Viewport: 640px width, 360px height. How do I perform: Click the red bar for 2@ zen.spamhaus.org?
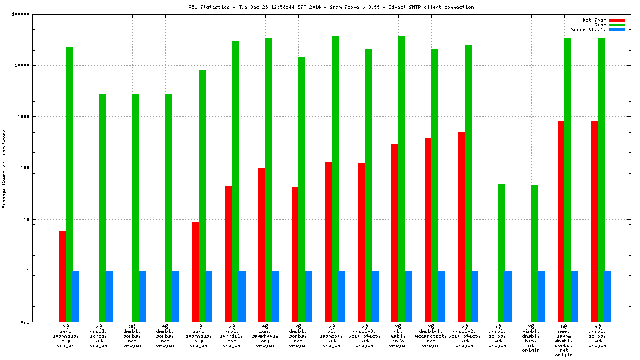[x=62, y=276]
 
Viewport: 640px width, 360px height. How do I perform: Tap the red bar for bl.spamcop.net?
[x=328, y=242]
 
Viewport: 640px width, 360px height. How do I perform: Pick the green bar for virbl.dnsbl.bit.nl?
[x=534, y=253]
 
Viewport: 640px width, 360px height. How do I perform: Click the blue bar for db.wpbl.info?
[x=408, y=296]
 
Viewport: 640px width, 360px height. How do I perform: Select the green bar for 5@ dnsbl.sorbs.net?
[x=501, y=253]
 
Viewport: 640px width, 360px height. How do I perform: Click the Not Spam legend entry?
[x=594, y=20]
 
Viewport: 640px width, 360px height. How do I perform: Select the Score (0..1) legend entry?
[x=588, y=29]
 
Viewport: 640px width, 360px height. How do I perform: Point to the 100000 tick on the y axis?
[x=21, y=14]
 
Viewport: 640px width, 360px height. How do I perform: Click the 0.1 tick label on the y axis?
[x=24, y=322]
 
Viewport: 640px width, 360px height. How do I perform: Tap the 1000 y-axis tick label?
[x=23, y=116]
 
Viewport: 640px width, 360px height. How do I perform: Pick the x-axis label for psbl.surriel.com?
[x=231, y=336]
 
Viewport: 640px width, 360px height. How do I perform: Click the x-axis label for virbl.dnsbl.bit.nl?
[x=531, y=338]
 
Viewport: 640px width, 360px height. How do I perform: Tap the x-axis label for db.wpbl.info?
[x=398, y=336]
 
